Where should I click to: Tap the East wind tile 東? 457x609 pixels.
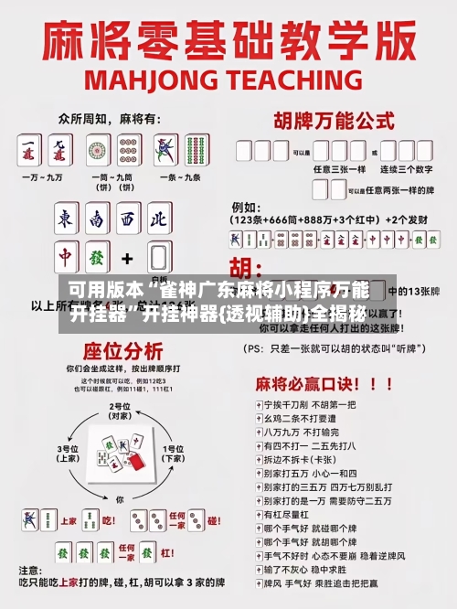pyautogui.click(x=67, y=219)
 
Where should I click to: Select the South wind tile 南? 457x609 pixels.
pyautogui.click(x=96, y=219)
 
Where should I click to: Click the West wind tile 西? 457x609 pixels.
pyautogui.click(x=126, y=219)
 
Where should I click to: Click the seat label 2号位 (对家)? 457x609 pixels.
pyautogui.click(x=120, y=411)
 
